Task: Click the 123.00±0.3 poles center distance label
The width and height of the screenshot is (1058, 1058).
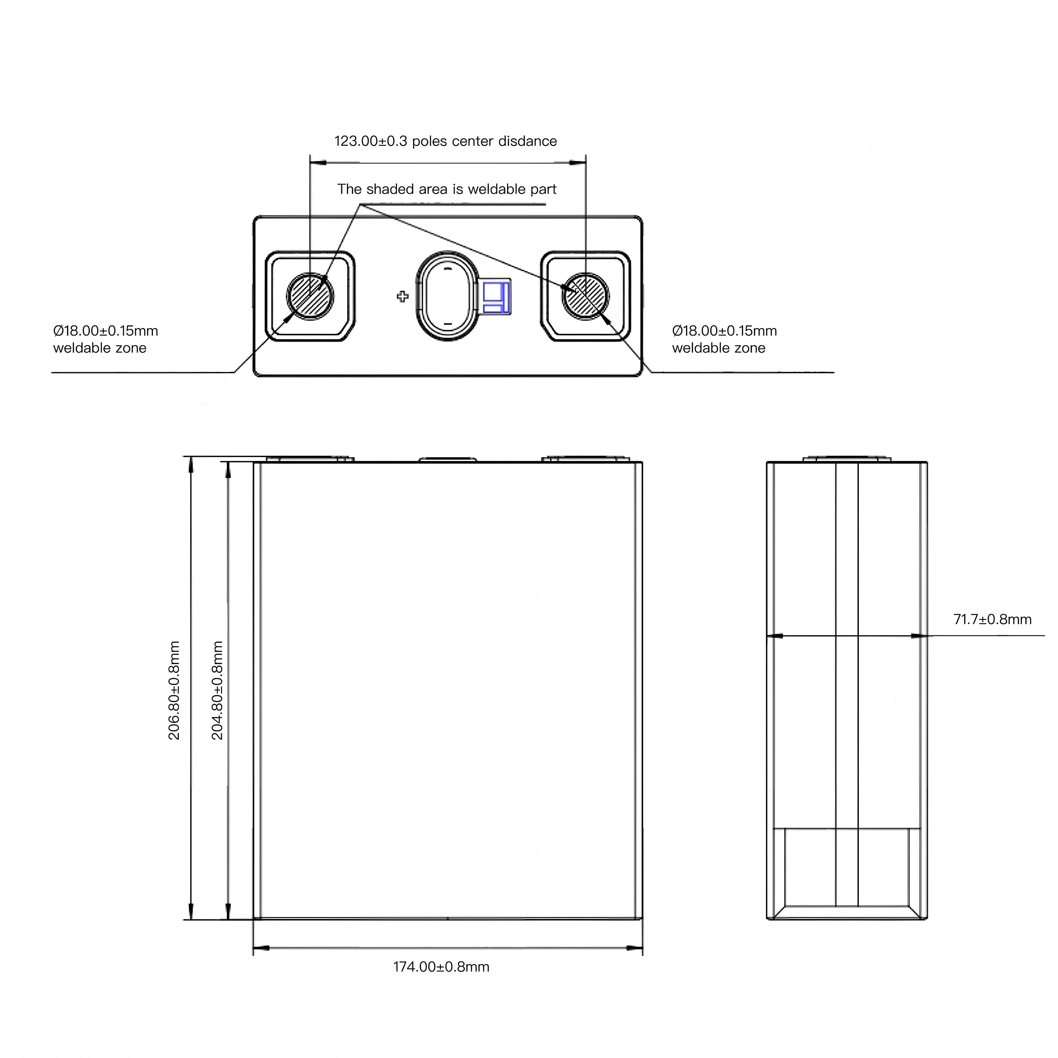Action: point(445,141)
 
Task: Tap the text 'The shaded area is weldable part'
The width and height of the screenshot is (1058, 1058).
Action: point(446,189)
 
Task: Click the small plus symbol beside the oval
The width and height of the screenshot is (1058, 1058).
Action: point(403,297)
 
